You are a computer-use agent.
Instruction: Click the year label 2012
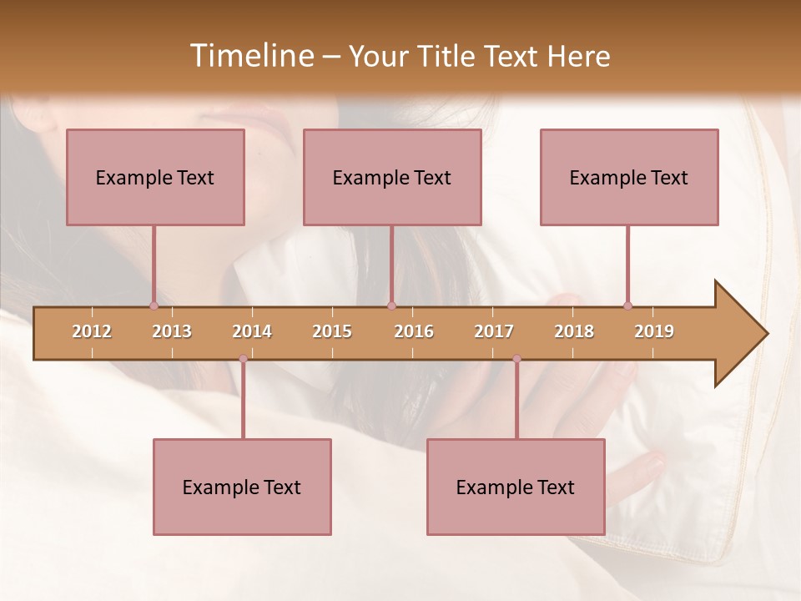pos(92,331)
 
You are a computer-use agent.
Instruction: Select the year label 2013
pos(172,331)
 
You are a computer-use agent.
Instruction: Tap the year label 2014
pos(252,331)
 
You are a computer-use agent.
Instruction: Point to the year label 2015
pos(332,331)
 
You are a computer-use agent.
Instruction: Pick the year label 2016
pos(414,331)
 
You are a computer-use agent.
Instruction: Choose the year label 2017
pos(494,331)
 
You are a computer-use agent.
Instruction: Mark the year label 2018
pos(574,331)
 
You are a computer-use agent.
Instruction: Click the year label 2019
pos(654,331)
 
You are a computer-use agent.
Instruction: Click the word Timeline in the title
pos(250,56)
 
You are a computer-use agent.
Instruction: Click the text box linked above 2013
pos(155,177)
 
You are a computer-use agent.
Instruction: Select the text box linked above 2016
pos(392,177)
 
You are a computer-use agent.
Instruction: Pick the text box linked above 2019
pos(629,177)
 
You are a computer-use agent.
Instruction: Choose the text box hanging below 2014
pos(242,487)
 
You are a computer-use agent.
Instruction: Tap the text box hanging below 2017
pos(516,487)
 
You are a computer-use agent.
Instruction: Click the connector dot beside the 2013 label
pos(154,306)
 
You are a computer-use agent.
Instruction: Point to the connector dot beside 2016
pos(391,306)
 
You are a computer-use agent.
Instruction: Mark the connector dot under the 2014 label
pos(243,359)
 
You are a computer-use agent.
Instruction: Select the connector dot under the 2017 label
pos(516,359)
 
